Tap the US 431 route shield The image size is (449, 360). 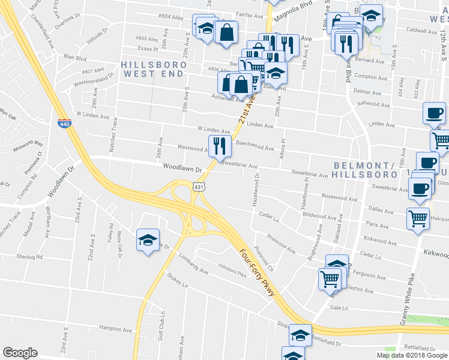(x=199, y=187)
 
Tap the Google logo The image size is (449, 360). (x=20, y=353)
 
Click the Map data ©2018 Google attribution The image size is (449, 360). (x=411, y=355)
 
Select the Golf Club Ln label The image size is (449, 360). (x=163, y=326)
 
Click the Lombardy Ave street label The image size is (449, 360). (x=193, y=265)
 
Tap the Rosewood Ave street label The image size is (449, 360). (x=339, y=196)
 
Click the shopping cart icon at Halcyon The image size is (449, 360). (x=417, y=218)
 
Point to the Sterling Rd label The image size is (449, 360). (x=29, y=256)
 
